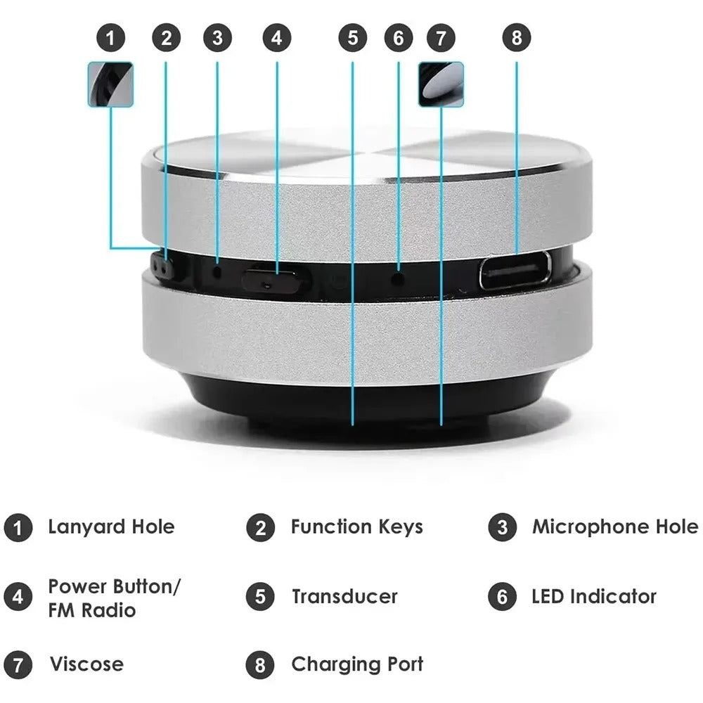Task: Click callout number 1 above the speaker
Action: (110, 38)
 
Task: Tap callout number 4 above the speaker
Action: (276, 38)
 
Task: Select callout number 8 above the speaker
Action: (517, 38)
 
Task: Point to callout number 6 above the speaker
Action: (399, 38)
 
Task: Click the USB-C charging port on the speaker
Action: (515, 271)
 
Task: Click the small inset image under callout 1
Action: (110, 84)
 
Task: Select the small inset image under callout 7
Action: (441, 84)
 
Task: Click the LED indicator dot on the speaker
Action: (399, 278)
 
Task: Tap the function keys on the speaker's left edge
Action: (163, 268)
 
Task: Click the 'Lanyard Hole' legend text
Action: (111, 527)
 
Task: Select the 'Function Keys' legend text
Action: (356, 527)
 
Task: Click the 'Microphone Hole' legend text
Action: (614, 527)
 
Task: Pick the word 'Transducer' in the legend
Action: (344, 597)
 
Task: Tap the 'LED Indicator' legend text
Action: (593, 597)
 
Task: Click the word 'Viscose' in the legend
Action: (86, 664)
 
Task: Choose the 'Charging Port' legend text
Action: (357, 664)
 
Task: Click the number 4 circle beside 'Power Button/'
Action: (18, 597)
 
